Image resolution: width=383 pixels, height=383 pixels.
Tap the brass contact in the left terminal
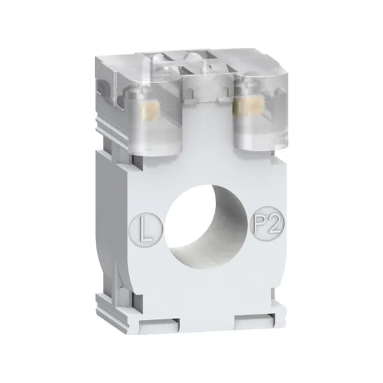151,111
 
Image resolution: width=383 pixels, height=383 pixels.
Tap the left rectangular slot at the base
159,325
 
